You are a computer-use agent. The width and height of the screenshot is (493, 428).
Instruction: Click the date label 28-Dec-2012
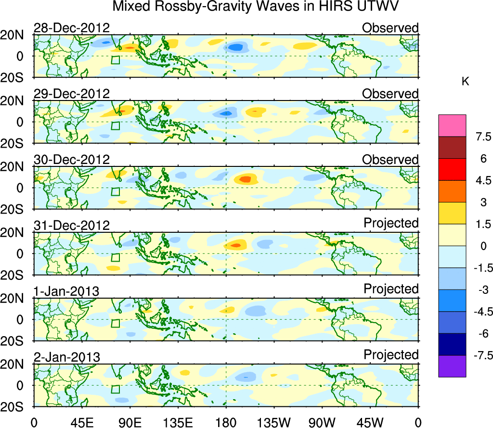coord(72,28)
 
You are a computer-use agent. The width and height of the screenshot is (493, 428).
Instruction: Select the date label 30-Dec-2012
coord(72,160)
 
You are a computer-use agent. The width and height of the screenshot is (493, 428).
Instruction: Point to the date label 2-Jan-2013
coord(66,357)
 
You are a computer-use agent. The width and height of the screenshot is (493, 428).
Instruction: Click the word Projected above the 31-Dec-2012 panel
coord(391,223)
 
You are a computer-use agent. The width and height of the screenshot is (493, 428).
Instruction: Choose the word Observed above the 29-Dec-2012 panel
coord(390,94)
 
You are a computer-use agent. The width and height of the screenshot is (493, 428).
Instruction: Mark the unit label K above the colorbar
coord(465,82)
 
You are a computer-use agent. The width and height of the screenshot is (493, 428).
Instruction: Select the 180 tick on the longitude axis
coord(226,422)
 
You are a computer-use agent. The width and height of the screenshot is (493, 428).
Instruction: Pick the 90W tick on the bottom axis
coord(322,422)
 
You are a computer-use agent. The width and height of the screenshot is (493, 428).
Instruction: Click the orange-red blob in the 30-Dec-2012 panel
coord(246,179)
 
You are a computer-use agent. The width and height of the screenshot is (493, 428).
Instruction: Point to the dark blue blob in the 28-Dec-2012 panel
coord(235,47)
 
